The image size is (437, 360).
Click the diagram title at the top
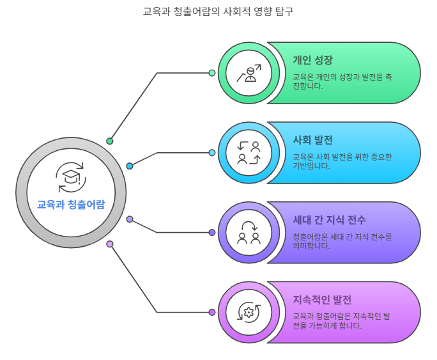pos(218,12)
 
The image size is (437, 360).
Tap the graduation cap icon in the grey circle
pos(71,177)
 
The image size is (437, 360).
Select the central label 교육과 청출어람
pos(71,204)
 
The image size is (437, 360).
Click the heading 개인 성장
pos(312,60)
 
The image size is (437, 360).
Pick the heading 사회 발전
pos(312,140)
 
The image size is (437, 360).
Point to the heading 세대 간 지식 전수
pos(329,220)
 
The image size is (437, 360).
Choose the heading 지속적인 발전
pos(322,300)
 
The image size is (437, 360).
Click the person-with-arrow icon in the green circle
pos(249,73)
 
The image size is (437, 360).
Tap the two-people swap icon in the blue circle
pos(249,153)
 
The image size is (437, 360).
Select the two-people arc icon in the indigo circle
pos(249,232)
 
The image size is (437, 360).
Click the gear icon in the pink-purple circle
pos(249,312)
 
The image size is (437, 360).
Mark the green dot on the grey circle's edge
pos(110,141)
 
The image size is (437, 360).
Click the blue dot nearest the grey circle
pos(130,166)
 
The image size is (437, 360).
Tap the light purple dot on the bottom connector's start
pos(110,244)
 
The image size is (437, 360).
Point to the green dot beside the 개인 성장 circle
pos(212,73)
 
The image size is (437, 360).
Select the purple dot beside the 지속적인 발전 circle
pos(212,312)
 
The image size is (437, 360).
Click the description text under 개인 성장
pos(342,81)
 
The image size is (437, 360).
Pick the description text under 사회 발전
pos(342,161)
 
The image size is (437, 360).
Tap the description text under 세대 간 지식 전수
pos(342,241)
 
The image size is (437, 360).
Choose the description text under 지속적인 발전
pos(342,320)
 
